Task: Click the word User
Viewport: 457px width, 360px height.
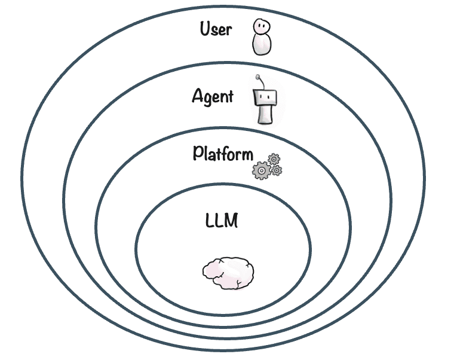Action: tap(216, 29)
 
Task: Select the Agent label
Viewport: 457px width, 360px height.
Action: tap(213, 96)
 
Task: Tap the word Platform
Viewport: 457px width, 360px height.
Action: tap(223, 154)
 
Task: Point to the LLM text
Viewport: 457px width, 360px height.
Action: tap(222, 221)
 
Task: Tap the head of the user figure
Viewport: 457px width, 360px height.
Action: tap(260, 26)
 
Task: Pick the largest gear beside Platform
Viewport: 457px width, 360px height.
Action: tap(261, 170)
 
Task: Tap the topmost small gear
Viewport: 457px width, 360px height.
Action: tap(274, 159)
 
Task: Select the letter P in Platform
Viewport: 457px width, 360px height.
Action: tap(198, 153)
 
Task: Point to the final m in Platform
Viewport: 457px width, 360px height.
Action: tap(247, 155)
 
